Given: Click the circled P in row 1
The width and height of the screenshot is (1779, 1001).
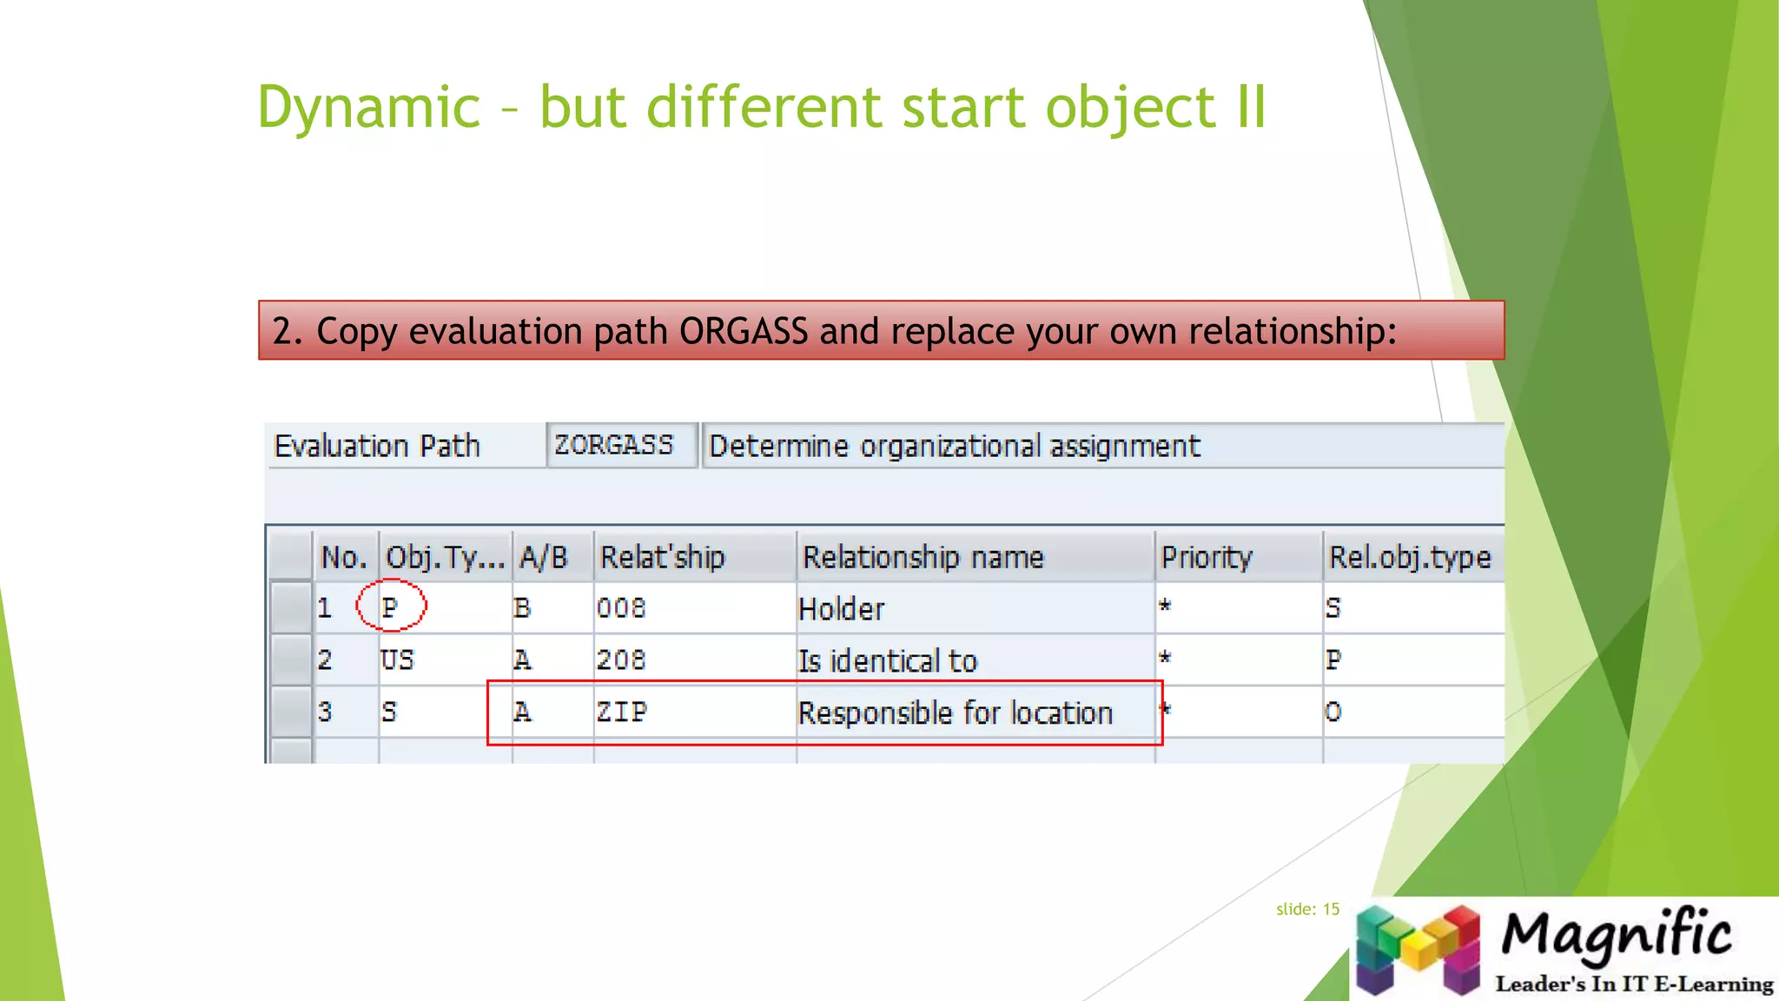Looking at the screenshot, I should pos(390,607).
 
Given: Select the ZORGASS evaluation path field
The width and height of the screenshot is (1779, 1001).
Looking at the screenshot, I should pos(614,445).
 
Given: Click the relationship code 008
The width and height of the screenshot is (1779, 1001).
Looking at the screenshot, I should pos(621,607).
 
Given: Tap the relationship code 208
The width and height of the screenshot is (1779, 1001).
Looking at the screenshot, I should pos(621,660).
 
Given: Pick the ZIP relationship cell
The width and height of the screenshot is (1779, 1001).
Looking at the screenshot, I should pos(621,712).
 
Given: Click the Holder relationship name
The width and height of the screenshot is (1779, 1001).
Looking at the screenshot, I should pos(841,608).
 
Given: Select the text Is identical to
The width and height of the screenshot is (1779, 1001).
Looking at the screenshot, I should pos(887,660).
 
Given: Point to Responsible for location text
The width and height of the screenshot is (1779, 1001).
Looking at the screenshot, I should pos(955,713).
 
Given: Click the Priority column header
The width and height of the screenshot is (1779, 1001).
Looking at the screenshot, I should pos(1207,557).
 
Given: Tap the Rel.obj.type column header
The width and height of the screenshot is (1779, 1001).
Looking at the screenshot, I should pos(1409,557).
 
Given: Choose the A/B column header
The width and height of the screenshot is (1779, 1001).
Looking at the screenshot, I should pos(543,557).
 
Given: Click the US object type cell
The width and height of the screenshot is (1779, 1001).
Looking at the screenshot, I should pos(397,660).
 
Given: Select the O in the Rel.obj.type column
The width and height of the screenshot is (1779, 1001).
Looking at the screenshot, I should pos(1333,713).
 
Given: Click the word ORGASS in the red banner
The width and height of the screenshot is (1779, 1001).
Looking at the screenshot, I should pos(743,331).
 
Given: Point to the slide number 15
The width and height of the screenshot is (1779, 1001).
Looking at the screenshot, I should pos(1330,909).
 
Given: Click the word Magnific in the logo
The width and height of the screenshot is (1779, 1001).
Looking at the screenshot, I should pos(1616,935).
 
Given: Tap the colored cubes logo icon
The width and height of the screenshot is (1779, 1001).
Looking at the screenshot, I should pos(1418,949).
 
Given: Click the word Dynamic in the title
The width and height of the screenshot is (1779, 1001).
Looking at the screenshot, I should pos(368,107).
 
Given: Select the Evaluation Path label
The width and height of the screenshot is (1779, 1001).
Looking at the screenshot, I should pos(376,446).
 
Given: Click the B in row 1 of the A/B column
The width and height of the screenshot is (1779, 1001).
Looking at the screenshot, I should pos(521,607).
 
